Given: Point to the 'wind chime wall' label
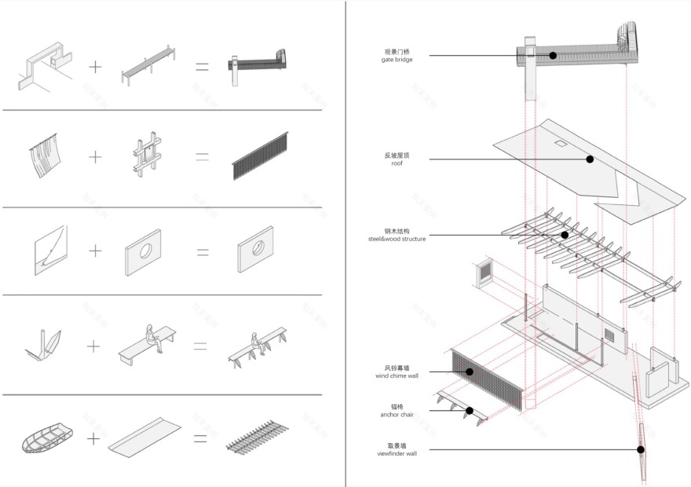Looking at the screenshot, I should click(397, 375).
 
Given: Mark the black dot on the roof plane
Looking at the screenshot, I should click(590, 159).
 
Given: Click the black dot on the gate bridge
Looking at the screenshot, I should click(553, 56).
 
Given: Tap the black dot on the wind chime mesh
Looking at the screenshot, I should click(470, 372).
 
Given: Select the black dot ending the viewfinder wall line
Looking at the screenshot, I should click(641, 450).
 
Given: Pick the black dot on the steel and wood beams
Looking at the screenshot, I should click(564, 234).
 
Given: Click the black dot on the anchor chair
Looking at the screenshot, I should click(469, 410).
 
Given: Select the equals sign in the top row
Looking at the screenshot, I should click(202, 67).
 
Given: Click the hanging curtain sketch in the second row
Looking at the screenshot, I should click(45, 157).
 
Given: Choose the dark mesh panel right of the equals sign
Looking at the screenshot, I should click(267, 158).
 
